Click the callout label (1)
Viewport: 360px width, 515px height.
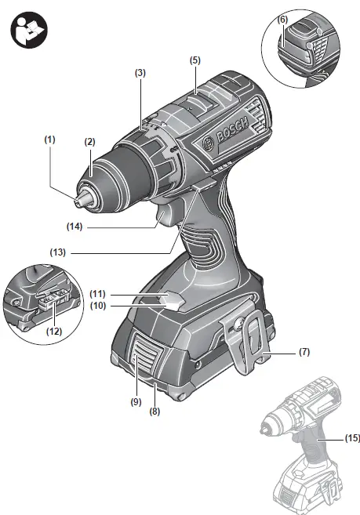tap(50, 139)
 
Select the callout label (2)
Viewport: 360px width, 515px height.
tap(90, 142)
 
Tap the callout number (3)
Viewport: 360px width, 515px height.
tap(140, 73)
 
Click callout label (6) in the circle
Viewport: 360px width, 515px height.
tap(283, 18)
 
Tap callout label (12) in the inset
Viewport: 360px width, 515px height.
tap(53, 332)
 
